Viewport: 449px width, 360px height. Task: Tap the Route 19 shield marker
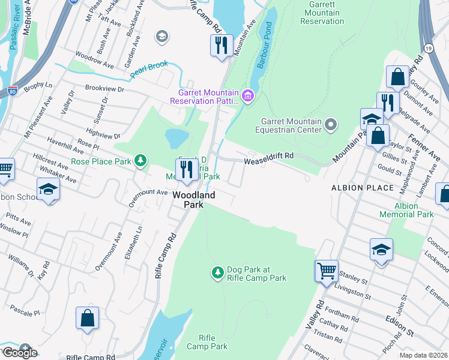click(x=428, y=47)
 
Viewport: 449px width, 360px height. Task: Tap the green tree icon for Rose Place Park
click(x=140, y=161)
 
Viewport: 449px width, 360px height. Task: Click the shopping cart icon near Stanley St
click(x=327, y=271)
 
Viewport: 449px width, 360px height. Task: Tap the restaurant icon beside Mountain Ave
click(x=221, y=45)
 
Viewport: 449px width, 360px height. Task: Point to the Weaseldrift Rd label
click(x=268, y=155)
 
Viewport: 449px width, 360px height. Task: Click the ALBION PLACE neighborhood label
click(x=363, y=188)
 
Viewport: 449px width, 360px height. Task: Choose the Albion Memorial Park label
click(x=406, y=210)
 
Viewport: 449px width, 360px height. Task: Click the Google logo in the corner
click(x=19, y=353)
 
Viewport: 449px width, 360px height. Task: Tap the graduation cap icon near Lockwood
click(x=381, y=249)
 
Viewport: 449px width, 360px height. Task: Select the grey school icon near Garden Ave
click(x=161, y=38)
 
